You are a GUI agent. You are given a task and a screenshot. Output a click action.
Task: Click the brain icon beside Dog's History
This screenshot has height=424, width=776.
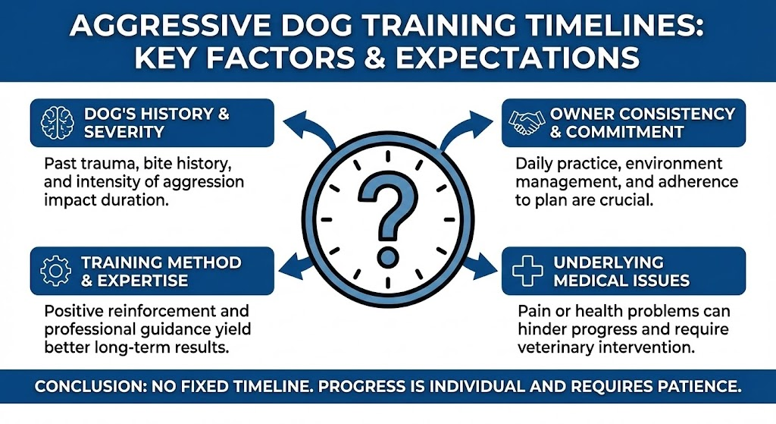[x=58, y=123]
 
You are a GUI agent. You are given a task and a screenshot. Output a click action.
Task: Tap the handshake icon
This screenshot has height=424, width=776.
[x=526, y=123]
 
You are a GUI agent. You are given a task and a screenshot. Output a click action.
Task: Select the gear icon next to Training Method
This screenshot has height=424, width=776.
[x=55, y=271]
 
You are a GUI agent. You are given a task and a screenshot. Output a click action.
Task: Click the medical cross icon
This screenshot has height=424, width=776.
[x=527, y=271]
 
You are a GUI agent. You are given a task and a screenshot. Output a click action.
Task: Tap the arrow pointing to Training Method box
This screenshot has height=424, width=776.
[x=296, y=265]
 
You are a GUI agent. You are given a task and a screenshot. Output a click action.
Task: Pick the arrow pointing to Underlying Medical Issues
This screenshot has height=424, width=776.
[x=480, y=265]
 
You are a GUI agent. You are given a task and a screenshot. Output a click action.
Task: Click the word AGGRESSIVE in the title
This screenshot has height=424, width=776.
[x=171, y=26]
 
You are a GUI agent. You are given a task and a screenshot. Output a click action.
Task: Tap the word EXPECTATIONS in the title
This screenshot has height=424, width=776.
[x=517, y=58]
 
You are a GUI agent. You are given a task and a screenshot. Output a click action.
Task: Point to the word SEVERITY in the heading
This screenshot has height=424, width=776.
[x=124, y=132]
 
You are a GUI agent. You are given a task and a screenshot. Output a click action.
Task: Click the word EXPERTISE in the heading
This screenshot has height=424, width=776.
[x=142, y=281]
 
